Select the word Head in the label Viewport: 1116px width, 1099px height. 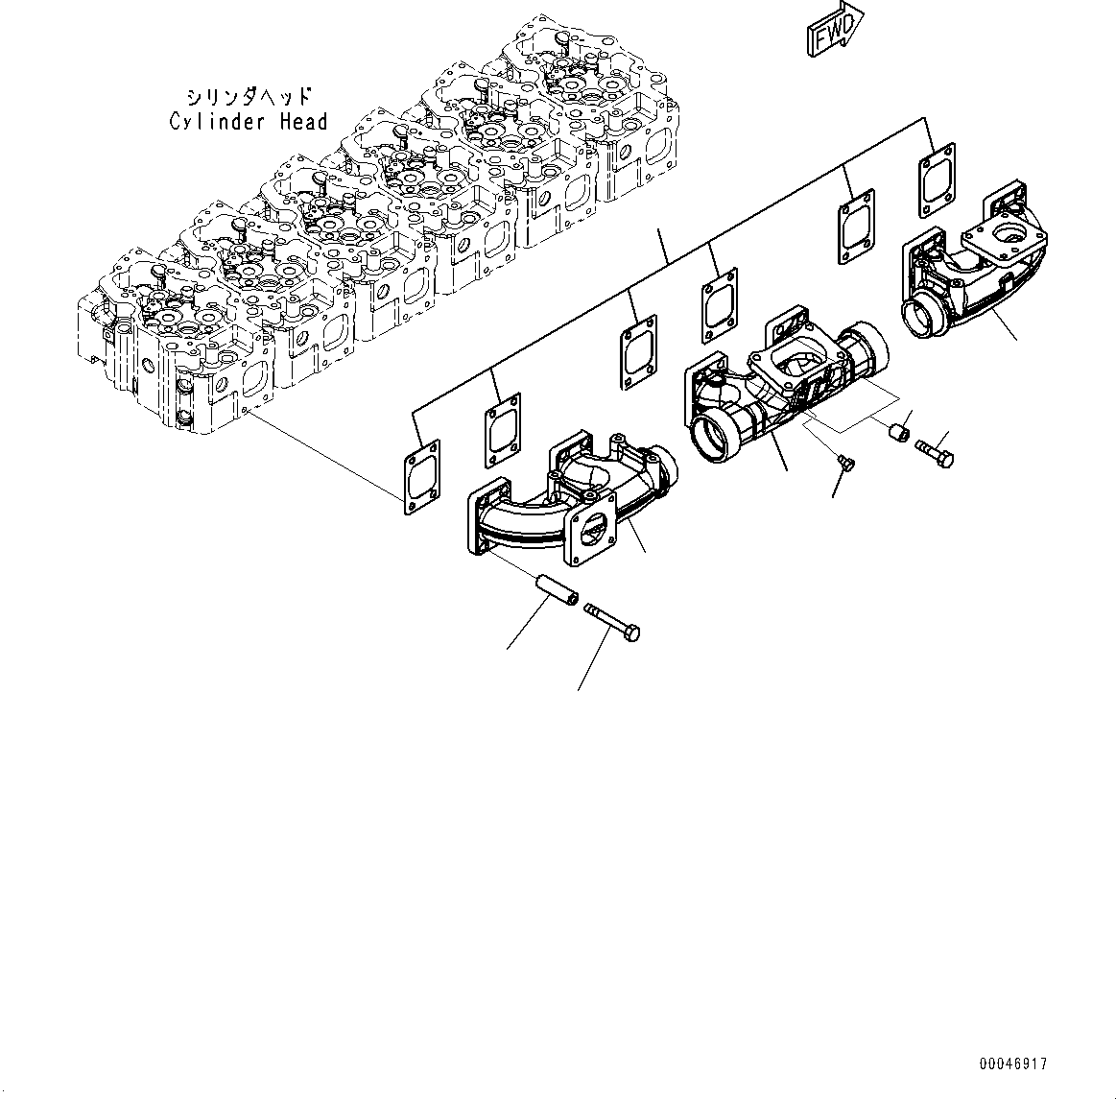click(303, 122)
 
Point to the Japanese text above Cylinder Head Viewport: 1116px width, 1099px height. click(249, 97)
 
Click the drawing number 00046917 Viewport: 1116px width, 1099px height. click(1014, 1064)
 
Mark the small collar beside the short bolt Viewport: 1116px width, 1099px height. click(898, 433)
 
